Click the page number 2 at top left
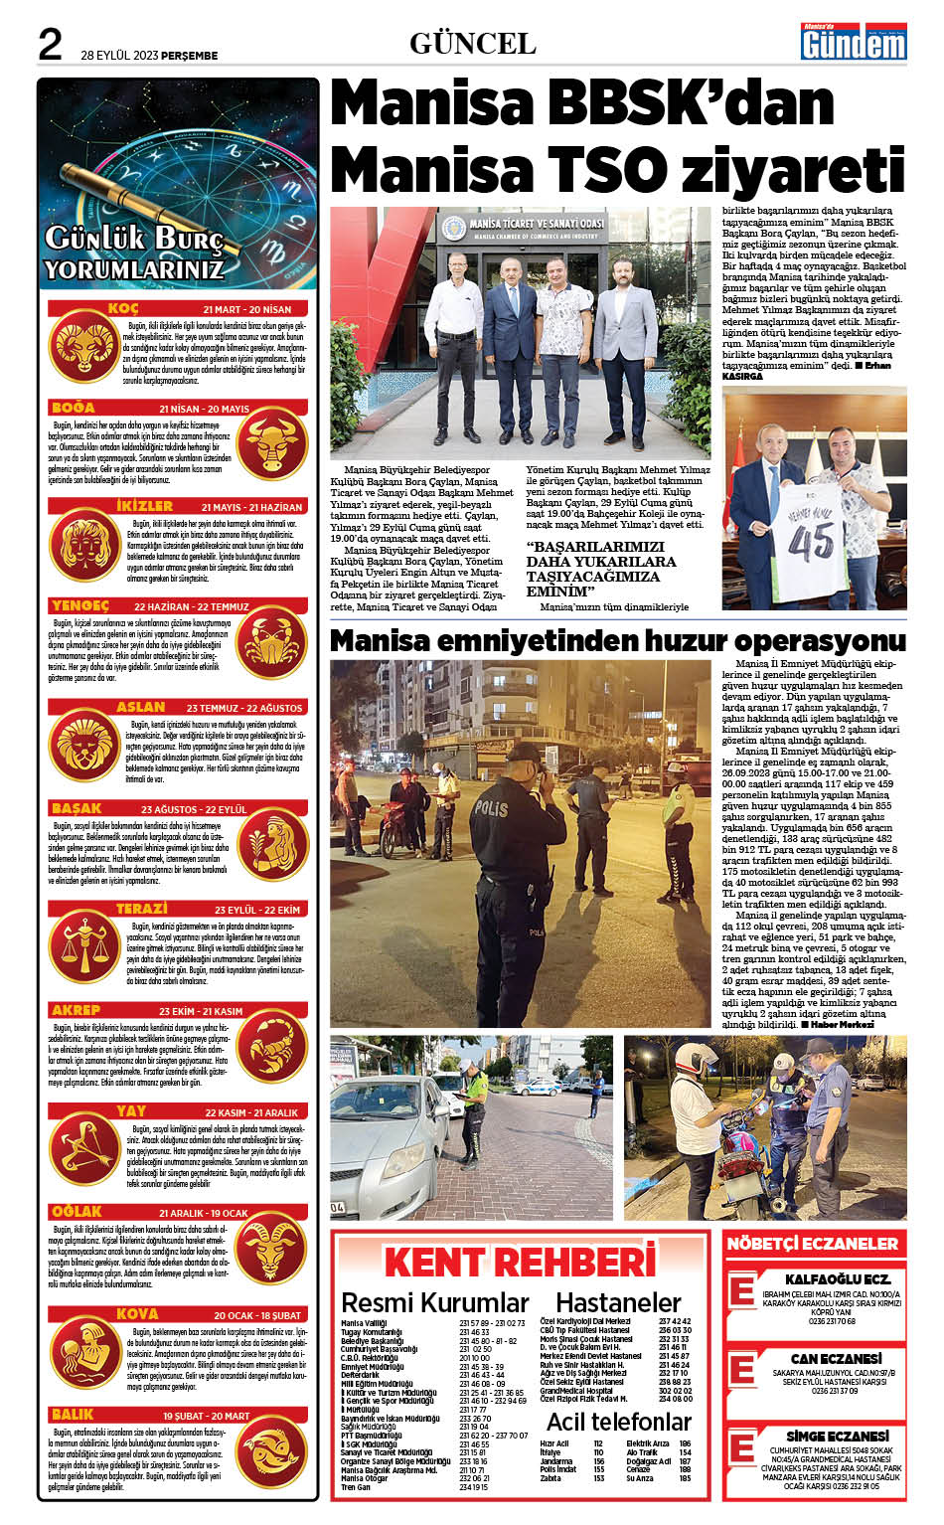point(50,45)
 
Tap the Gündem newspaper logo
point(855,42)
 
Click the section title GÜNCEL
point(472,44)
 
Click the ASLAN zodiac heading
point(140,707)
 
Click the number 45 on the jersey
point(811,542)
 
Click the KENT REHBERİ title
point(520,1263)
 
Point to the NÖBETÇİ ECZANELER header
point(812,1244)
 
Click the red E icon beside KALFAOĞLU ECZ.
point(741,1291)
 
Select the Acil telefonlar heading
point(618,1421)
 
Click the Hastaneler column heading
point(618,1302)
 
